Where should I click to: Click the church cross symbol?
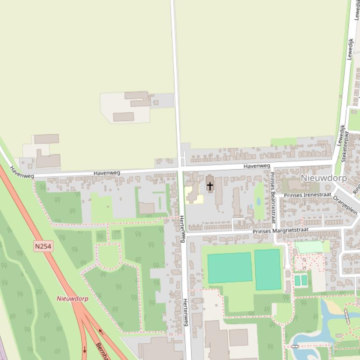pos(210,186)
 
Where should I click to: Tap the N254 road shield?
pos(43,246)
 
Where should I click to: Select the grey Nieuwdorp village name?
pos(324,178)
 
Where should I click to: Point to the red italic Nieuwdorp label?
pos(72,298)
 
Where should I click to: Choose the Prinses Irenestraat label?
pos(307,194)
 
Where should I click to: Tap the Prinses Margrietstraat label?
pos(281,230)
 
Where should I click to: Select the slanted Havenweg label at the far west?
pos(22,173)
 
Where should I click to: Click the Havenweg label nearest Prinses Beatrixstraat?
pos(257,166)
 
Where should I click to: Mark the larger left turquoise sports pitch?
pos(230,268)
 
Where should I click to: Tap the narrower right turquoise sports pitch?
pos(267,269)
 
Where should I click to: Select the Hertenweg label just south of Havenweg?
pos(183,229)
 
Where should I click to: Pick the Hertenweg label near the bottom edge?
pos(186,316)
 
